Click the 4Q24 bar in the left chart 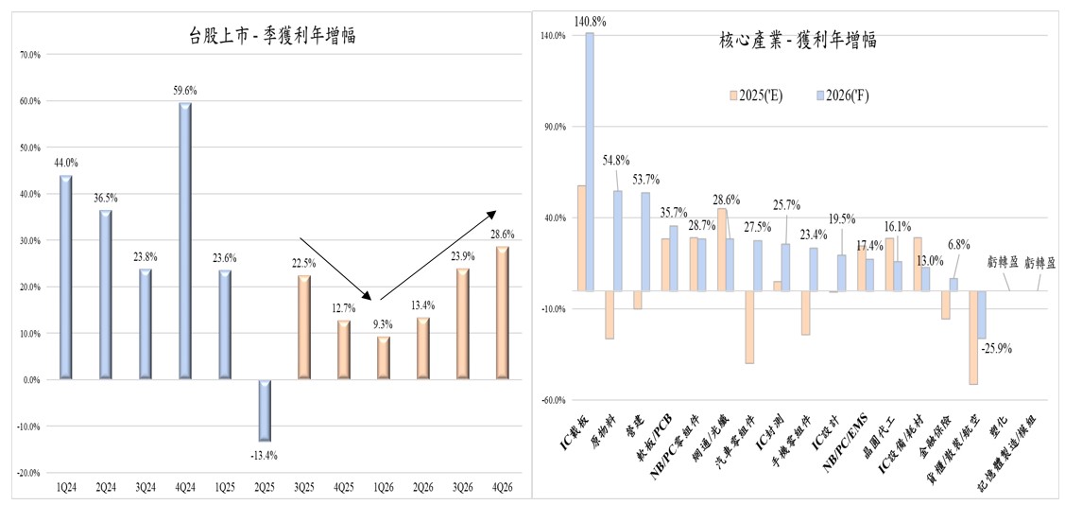(185, 241)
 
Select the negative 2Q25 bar (265, 410)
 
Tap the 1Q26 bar (384, 357)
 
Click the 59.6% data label (185, 91)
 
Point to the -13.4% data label (265, 456)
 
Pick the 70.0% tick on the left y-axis (30, 55)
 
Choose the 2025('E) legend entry (763, 96)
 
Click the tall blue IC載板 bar (590, 161)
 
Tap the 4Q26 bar (503, 313)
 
